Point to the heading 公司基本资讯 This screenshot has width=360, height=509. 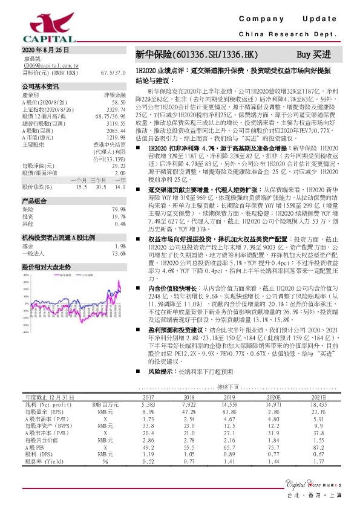(x=40, y=87)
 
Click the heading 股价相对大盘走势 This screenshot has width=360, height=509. (x=47, y=266)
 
